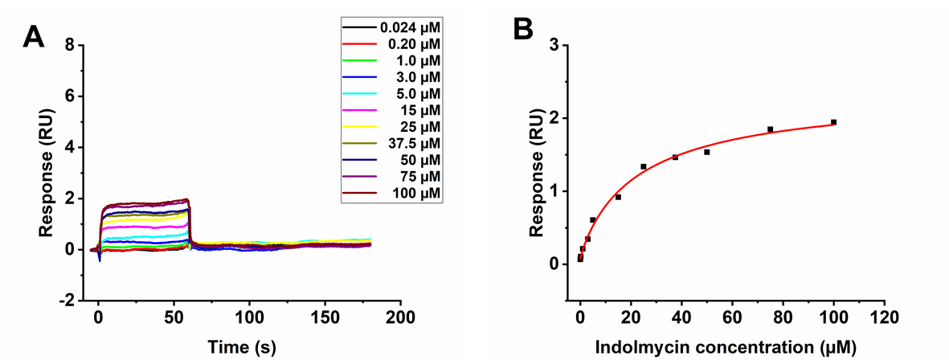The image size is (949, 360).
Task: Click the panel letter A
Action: click(x=34, y=37)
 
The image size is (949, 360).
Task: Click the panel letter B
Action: click(x=523, y=30)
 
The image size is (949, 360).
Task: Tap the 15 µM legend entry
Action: click(x=419, y=111)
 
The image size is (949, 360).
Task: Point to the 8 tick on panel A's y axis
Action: click(x=70, y=46)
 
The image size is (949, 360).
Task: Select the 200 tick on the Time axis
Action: click(x=401, y=315)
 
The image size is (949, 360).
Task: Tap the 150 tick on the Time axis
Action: click(x=325, y=315)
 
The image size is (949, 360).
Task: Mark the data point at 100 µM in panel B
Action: click(x=834, y=122)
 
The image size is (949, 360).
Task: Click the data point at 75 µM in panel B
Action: click(x=770, y=129)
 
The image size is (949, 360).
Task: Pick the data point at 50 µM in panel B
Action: click(x=707, y=152)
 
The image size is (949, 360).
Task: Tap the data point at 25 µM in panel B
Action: click(x=644, y=166)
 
